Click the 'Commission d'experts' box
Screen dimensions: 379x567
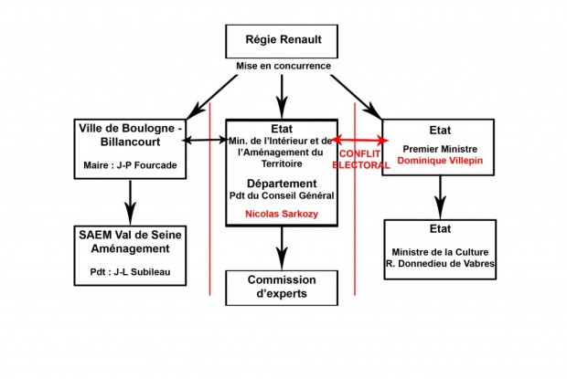283,287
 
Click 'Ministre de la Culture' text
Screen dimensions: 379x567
442,251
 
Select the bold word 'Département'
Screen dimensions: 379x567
283,183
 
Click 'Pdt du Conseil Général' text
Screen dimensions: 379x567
283,195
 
